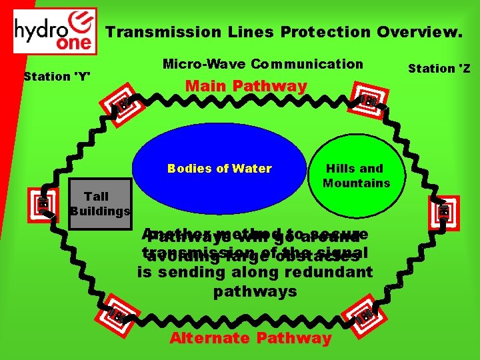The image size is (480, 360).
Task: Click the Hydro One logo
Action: [55, 31]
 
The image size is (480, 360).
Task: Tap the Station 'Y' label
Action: [57, 76]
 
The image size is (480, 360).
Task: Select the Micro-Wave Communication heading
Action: [263, 64]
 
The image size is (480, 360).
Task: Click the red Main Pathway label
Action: [246, 86]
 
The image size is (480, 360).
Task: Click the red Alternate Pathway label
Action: [251, 338]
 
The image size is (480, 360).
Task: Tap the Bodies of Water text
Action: [219, 169]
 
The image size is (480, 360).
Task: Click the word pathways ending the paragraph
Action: [255, 292]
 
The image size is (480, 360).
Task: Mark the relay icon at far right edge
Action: [444, 212]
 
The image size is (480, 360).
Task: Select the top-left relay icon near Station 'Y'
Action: [124, 103]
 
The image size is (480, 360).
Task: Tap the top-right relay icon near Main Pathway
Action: [367, 101]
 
